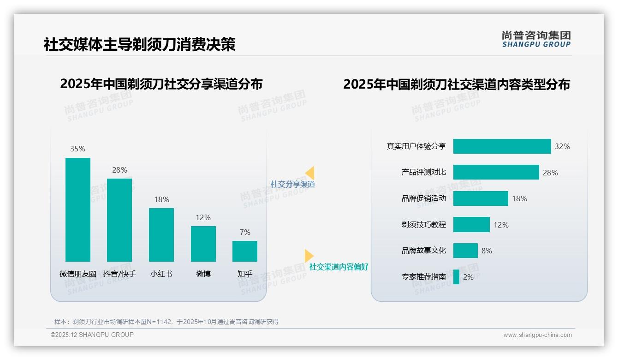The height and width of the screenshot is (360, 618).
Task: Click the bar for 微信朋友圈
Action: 78,210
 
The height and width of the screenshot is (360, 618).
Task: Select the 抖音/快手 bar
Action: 119,220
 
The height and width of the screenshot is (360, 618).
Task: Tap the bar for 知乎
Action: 245,251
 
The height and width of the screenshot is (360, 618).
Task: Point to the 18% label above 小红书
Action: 161,199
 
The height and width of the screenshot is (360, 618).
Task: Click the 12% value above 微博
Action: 203,217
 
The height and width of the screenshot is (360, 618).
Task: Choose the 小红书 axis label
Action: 161,274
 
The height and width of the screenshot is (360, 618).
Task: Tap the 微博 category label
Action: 203,274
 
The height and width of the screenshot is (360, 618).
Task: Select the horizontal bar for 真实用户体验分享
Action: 502,146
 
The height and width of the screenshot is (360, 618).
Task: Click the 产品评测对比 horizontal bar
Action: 496,172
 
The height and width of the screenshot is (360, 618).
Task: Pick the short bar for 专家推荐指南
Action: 456,277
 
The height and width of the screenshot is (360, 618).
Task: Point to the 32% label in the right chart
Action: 562,146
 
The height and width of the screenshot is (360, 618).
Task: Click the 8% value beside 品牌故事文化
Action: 487,251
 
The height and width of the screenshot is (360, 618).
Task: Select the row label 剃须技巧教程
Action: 423,225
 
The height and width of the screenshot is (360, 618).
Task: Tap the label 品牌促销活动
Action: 423,198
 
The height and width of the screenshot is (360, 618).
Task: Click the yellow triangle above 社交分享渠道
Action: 310,173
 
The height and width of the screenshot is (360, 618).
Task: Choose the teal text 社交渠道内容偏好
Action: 339,267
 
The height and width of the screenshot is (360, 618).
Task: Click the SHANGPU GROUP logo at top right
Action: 536,39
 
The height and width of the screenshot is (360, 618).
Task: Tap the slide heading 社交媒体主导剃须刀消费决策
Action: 140,44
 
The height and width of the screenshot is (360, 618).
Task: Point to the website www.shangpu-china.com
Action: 537,335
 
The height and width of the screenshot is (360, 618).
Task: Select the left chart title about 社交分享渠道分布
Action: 161,84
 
